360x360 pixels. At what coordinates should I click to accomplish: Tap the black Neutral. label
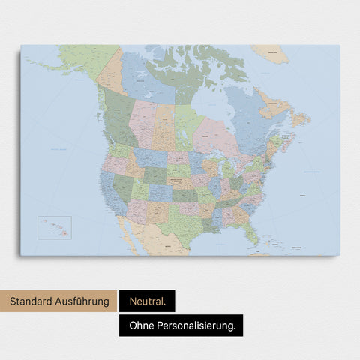point(147,302)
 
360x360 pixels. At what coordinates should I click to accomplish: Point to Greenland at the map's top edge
point(270,52)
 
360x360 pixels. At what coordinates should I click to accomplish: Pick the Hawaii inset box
point(55,228)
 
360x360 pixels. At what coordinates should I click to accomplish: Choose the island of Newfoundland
point(300,118)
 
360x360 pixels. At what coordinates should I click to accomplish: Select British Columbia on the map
point(115,120)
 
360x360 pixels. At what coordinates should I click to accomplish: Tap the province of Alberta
point(142,120)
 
